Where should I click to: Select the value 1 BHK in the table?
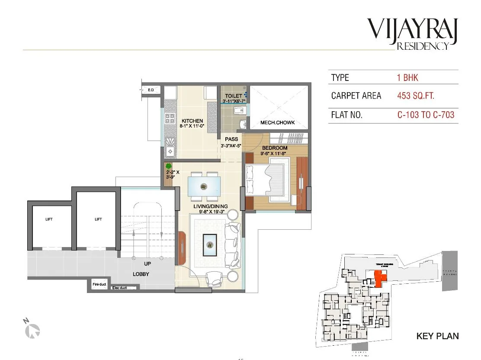(407, 78)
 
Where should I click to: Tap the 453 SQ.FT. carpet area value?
(415, 96)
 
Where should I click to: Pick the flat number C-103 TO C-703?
(426, 115)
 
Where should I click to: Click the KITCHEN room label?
(192, 121)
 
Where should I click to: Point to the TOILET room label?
(234, 96)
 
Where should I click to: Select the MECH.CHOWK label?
(277, 123)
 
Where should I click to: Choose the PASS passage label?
(231, 139)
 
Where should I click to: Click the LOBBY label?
(141, 274)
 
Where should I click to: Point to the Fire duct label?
(99, 284)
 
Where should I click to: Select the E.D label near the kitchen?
(151, 90)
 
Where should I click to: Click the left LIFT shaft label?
(49, 219)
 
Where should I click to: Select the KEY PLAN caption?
(437, 336)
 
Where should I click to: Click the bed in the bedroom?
(267, 180)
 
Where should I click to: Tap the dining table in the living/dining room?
(204, 186)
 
